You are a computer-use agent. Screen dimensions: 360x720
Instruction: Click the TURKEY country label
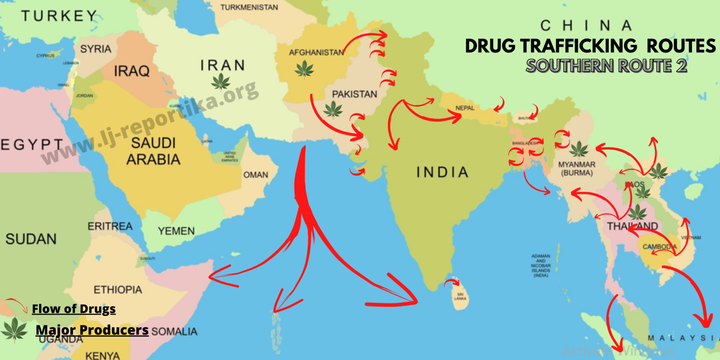tap(59, 16)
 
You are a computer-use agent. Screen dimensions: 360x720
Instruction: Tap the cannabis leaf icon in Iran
tap(220, 82)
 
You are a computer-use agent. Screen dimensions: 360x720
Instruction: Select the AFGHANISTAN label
tap(316, 52)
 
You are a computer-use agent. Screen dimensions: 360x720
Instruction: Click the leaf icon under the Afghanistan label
tap(304, 69)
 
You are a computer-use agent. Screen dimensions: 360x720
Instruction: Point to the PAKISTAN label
tap(354, 94)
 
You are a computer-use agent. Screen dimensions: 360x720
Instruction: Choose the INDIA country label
tap(442, 172)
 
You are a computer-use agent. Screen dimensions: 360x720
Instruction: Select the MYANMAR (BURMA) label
tap(577, 169)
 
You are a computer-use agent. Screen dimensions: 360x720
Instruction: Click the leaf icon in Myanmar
tap(578, 150)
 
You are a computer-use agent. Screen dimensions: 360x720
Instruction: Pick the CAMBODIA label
tap(660, 247)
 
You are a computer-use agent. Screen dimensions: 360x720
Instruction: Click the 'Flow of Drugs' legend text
tap(74, 309)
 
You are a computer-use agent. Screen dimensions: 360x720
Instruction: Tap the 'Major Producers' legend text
tap(92, 330)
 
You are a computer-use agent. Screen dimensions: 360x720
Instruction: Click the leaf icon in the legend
tap(15, 330)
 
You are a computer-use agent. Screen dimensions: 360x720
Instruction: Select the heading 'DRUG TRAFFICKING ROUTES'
tap(590, 46)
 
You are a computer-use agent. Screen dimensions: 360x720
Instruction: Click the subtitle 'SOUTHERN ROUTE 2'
tap(606, 66)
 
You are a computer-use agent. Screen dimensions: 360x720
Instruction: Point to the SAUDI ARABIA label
tap(153, 151)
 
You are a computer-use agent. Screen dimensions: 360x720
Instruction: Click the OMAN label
tap(255, 175)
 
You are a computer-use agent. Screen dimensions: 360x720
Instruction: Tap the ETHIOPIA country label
tap(118, 289)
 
